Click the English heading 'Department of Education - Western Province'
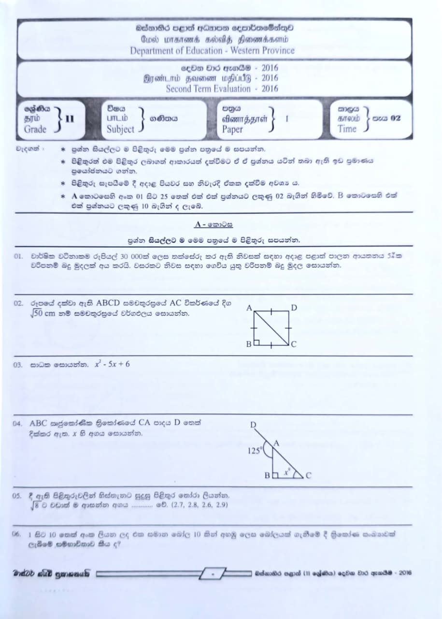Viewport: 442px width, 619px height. click(x=212, y=50)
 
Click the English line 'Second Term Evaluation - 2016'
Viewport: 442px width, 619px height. click(x=222, y=89)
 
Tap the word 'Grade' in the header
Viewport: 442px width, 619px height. click(x=35, y=129)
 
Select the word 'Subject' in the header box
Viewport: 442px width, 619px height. click(x=120, y=129)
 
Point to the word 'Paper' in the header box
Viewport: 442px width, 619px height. click(x=232, y=129)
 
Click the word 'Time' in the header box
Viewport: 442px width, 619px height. click(x=347, y=129)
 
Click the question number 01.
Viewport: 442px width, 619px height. click(x=19, y=256)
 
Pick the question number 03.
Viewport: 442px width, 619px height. click(x=19, y=365)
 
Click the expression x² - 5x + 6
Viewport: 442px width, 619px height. click(x=112, y=364)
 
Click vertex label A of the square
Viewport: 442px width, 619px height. click(x=249, y=308)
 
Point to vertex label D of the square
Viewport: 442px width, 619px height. click(x=294, y=308)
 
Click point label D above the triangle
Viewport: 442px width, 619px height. click(x=253, y=425)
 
